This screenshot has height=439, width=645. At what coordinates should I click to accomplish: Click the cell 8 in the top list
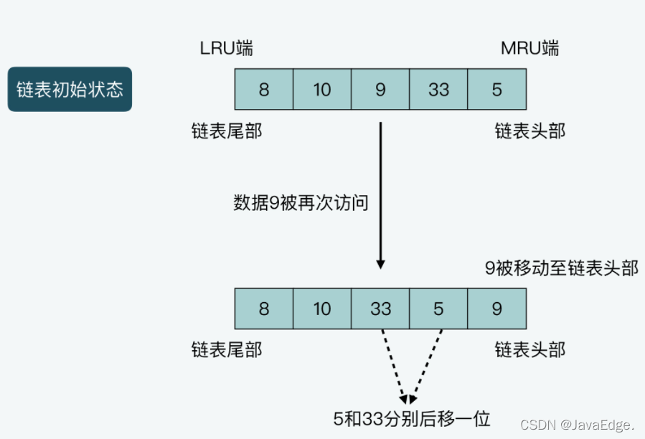pyautogui.click(x=264, y=89)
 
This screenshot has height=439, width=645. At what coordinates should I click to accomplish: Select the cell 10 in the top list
pyautogui.click(x=322, y=89)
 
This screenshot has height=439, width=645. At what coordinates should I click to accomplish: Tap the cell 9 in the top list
pyautogui.click(x=380, y=89)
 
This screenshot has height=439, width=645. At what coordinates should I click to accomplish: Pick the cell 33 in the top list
pyautogui.click(x=438, y=89)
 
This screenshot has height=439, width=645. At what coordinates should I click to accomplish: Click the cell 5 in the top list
pyautogui.click(x=496, y=89)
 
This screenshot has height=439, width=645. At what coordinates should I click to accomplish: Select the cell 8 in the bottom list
pyautogui.click(x=264, y=308)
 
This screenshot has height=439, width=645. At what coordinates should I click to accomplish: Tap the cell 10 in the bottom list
pyautogui.click(x=322, y=308)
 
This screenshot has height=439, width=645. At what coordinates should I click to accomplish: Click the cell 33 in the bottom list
pyautogui.click(x=380, y=308)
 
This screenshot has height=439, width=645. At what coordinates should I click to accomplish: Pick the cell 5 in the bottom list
pyautogui.click(x=438, y=308)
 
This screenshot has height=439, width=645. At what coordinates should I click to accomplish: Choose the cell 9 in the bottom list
pyautogui.click(x=496, y=308)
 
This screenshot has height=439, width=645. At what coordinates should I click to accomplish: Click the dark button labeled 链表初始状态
pyautogui.click(x=70, y=89)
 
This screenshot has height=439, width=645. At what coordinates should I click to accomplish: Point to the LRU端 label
pyautogui.click(x=226, y=49)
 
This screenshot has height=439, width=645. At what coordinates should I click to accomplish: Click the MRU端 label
pyautogui.click(x=529, y=49)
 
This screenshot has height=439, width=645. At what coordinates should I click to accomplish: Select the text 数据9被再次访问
pyautogui.click(x=301, y=203)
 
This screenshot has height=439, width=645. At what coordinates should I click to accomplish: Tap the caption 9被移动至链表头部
pyautogui.click(x=561, y=268)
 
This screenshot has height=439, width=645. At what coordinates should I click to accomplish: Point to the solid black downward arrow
pyautogui.click(x=380, y=194)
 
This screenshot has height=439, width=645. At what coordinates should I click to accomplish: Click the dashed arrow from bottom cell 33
pyautogui.click(x=394, y=362)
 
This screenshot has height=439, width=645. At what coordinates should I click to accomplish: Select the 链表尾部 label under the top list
pyautogui.click(x=227, y=131)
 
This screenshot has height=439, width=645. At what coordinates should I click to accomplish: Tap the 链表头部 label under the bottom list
pyautogui.click(x=529, y=349)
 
